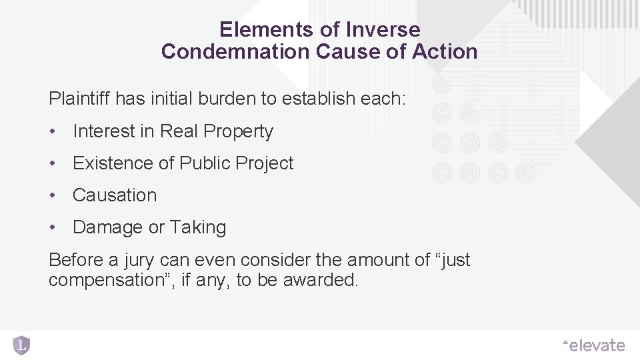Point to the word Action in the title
click(x=446, y=52)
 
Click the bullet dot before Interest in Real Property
click(x=53, y=131)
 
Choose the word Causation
click(x=115, y=195)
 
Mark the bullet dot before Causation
click(x=53, y=195)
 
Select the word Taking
click(x=198, y=227)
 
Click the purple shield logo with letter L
click(x=21, y=345)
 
